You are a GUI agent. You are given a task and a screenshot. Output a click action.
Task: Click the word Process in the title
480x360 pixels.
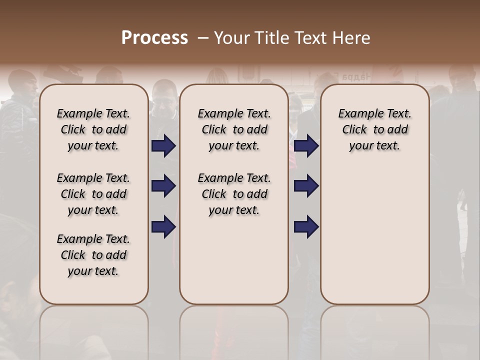tap(154, 38)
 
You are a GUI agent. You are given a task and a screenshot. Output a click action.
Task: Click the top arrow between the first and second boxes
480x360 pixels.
tap(163, 146)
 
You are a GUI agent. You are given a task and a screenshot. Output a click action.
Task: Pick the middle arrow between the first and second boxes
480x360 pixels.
tap(163, 186)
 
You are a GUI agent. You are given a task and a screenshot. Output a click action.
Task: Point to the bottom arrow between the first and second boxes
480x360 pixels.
tap(163, 226)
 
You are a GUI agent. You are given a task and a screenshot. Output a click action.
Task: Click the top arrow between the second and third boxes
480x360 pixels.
tap(306, 146)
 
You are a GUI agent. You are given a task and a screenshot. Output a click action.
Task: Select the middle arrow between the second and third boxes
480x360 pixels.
tap(306, 186)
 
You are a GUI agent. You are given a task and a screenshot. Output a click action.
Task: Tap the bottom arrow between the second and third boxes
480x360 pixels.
tap(306, 226)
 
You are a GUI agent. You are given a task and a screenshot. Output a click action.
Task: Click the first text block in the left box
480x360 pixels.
tap(93, 130)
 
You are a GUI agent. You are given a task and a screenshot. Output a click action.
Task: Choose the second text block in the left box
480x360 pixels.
tap(93, 194)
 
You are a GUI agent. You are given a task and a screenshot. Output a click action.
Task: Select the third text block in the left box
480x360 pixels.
tap(93, 255)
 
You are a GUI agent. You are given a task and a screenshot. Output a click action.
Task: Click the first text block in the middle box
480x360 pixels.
tap(234, 130)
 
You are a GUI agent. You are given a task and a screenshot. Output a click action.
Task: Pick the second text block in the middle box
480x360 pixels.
tap(234, 194)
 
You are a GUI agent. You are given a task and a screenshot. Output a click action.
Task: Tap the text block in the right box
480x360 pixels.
tap(375, 130)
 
